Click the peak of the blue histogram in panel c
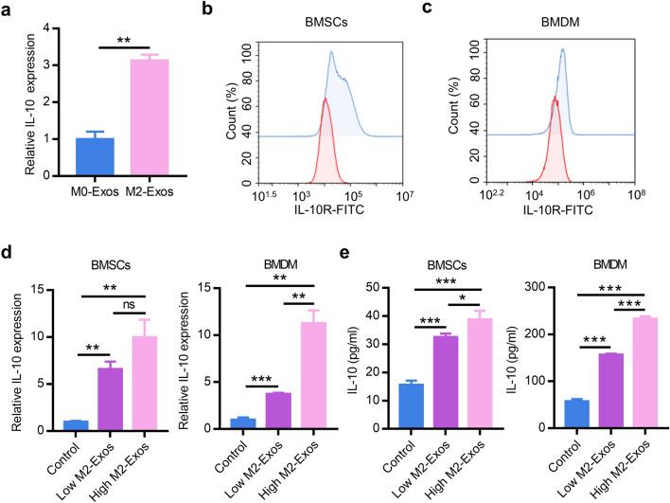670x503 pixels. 564,50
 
